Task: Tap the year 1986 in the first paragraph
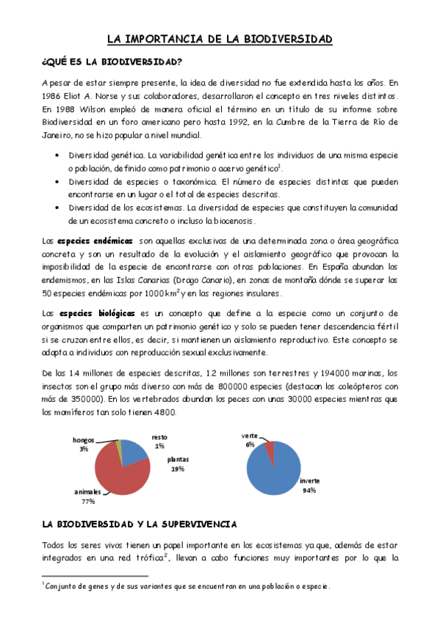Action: click(x=54, y=96)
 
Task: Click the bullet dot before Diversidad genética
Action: click(x=57, y=155)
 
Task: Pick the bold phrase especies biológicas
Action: click(x=95, y=313)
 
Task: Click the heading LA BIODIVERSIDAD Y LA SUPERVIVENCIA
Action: click(x=139, y=524)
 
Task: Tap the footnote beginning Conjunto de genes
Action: click(x=187, y=586)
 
